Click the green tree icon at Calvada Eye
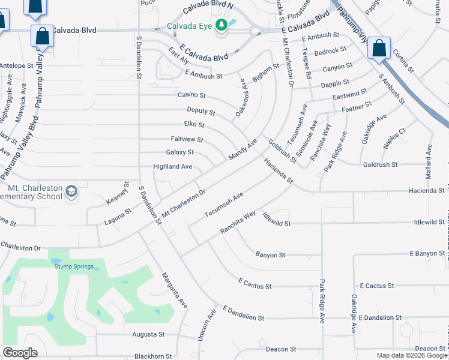tap(222, 25)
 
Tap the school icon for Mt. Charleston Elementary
tap(71, 191)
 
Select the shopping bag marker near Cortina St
tap(379, 49)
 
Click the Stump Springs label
tap(71, 266)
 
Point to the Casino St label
tap(191, 95)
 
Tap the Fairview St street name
tap(187, 139)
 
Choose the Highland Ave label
tap(173, 166)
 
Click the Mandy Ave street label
tap(243, 149)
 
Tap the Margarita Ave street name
tap(175, 290)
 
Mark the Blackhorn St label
tap(153, 356)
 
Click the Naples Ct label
tap(394, 138)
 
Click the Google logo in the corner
tap(20, 353)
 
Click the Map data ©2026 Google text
tap(411, 355)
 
